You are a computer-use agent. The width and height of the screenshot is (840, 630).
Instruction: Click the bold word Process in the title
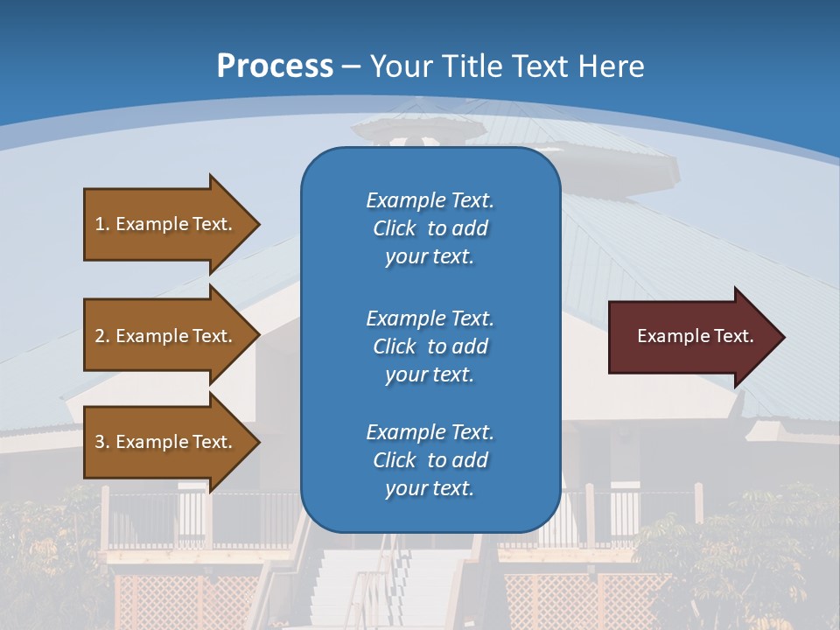[x=275, y=66]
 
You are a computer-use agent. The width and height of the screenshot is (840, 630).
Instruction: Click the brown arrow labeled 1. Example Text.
[x=166, y=224]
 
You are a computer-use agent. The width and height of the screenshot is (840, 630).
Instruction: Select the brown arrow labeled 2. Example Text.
[x=166, y=336]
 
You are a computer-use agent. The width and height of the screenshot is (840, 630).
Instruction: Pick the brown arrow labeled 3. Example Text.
[x=166, y=442]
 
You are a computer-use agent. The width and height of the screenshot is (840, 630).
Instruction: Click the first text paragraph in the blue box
[x=430, y=228]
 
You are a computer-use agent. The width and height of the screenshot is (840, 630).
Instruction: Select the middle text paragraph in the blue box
[x=430, y=346]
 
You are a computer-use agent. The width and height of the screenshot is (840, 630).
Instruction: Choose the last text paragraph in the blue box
[x=430, y=460]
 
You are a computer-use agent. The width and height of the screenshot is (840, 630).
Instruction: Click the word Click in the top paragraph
[x=395, y=228]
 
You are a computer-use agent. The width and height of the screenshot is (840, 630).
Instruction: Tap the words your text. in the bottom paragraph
[x=430, y=489]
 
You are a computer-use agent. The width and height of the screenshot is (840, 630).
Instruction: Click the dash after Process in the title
[x=351, y=67]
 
